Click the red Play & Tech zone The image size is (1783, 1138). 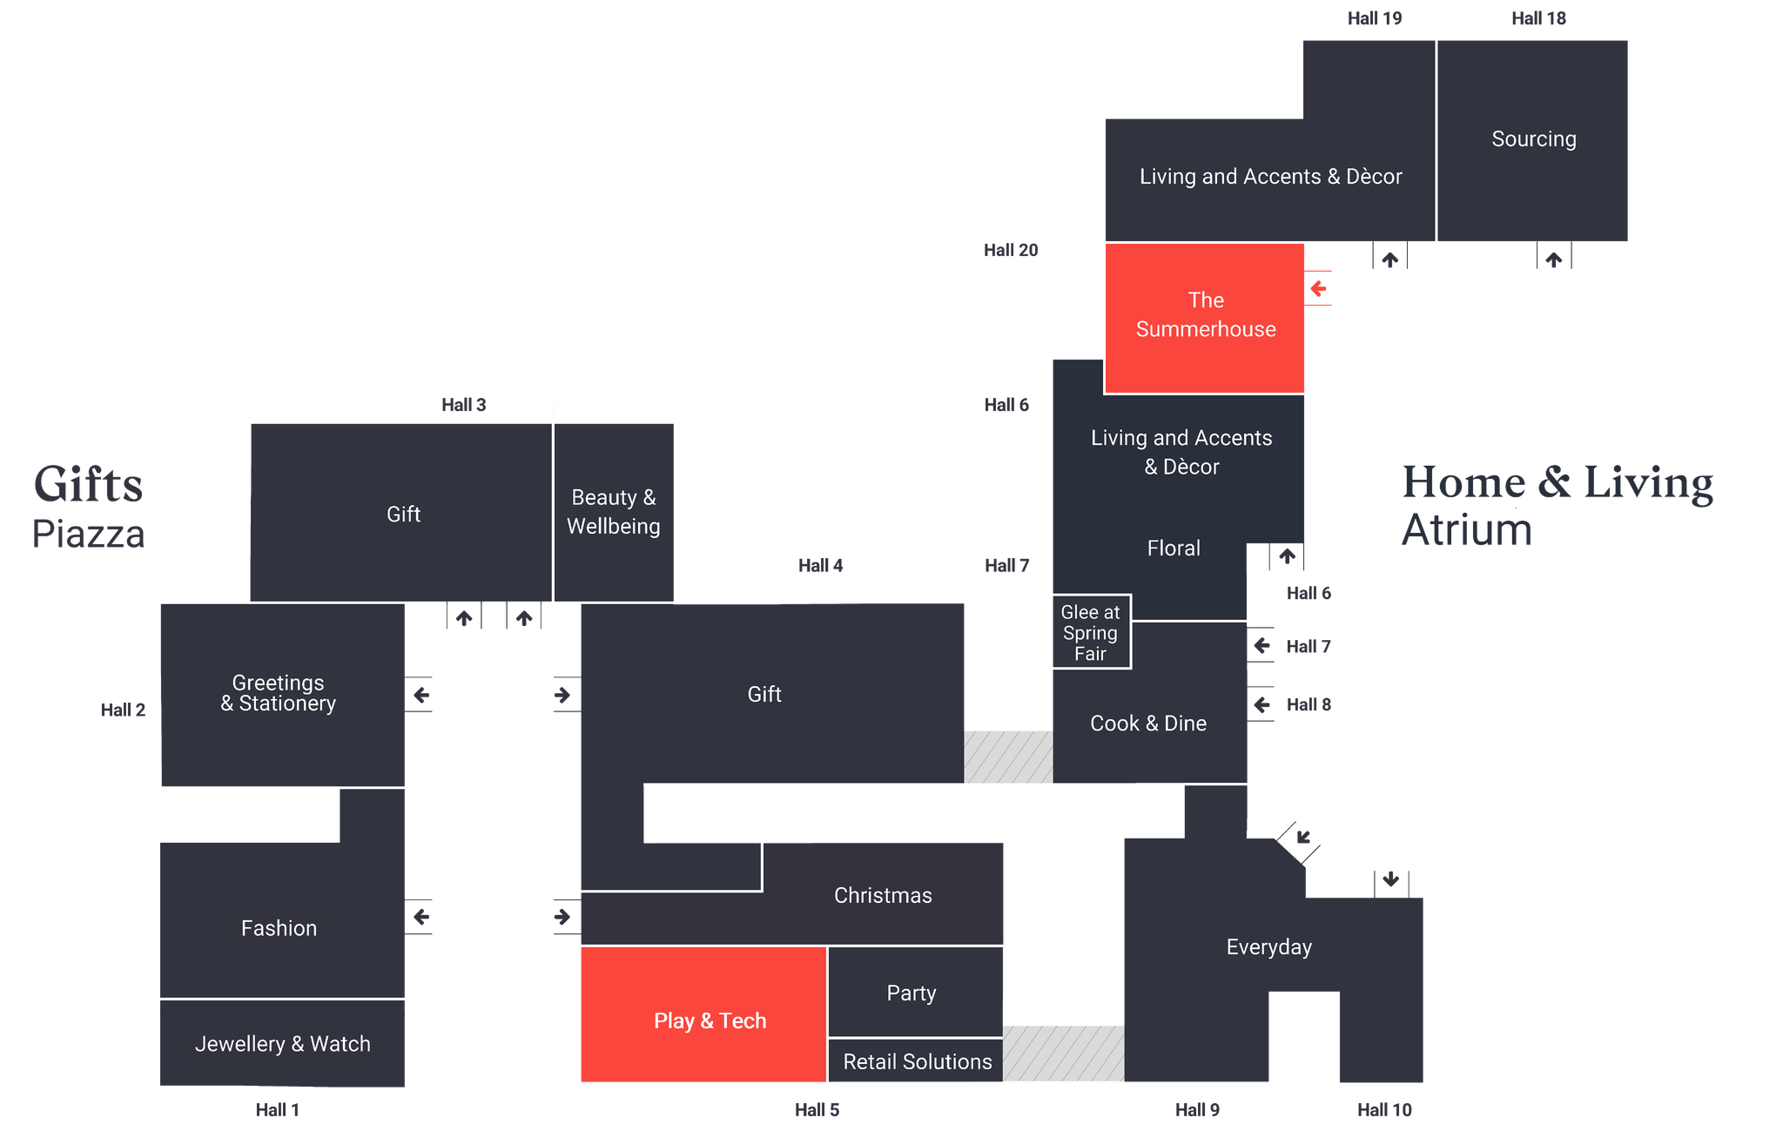(x=703, y=1014)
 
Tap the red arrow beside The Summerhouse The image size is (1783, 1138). (x=1318, y=288)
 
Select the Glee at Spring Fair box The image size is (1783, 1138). (x=1092, y=632)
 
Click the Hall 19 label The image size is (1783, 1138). (x=1375, y=18)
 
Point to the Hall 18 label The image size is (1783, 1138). (x=1538, y=18)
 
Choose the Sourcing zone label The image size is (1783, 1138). (x=1534, y=138)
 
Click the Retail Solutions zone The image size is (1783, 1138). (x=916, y=1061)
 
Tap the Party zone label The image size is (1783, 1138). (x=912, y=993)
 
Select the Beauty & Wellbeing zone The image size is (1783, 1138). (x=614, y=512)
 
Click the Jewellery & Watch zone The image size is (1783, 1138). (x=282, y=1043)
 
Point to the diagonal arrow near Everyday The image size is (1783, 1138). (x=1303, y=838)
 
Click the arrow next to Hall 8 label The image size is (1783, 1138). (x=1262, y=704)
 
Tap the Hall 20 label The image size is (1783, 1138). (x=1011, y=250)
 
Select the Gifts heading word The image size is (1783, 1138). (x=88, y=485)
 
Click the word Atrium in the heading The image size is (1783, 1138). (x=1467, y=529)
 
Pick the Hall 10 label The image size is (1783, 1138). (x=1384, y=1109)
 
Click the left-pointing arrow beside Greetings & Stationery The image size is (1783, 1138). (x=421, y=695)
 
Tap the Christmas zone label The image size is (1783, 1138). (x=883, y=895)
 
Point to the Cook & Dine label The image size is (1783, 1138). (x=1148, y=723)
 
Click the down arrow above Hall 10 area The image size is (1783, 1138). (x=1391, y=879)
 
